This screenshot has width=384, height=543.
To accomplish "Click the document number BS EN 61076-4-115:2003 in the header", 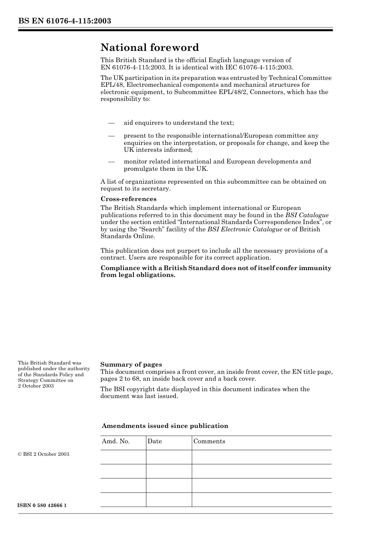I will pyautogui.click(x=65, y=21).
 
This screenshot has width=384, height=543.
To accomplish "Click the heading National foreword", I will pyautogui.click(x=150, y=48).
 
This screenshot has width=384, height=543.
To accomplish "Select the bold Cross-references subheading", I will pyautogui.click(x=128, y=199).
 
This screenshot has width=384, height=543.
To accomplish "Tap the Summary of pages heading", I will pyautogui.click(x=131, y=365).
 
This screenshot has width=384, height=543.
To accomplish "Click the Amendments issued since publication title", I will pyautogui.click(x=165, y=426).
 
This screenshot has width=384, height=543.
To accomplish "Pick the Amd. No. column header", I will pyautogui.click(x=116, y=441).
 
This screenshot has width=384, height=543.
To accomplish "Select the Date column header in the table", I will pyautogui.click(x=154, y=441).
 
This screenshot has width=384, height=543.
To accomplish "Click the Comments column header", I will pyautogui.click(x=209, y=441).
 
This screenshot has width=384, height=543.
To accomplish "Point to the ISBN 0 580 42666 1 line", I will pyautogui.click(x=42, y=506).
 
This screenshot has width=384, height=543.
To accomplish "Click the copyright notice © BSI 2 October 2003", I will pyautogui.click(x=43, y=454).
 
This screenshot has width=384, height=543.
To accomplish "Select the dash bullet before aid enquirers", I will pyautogui.click(x=111, y=123).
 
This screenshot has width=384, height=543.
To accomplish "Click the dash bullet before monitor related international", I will pyautogui.click(x=111, y=161).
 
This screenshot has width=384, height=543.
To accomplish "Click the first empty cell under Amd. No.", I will pyautogui.click(x=123, y=457).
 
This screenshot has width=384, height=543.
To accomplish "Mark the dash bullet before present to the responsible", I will pyautogui.click(x=111, y=136).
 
